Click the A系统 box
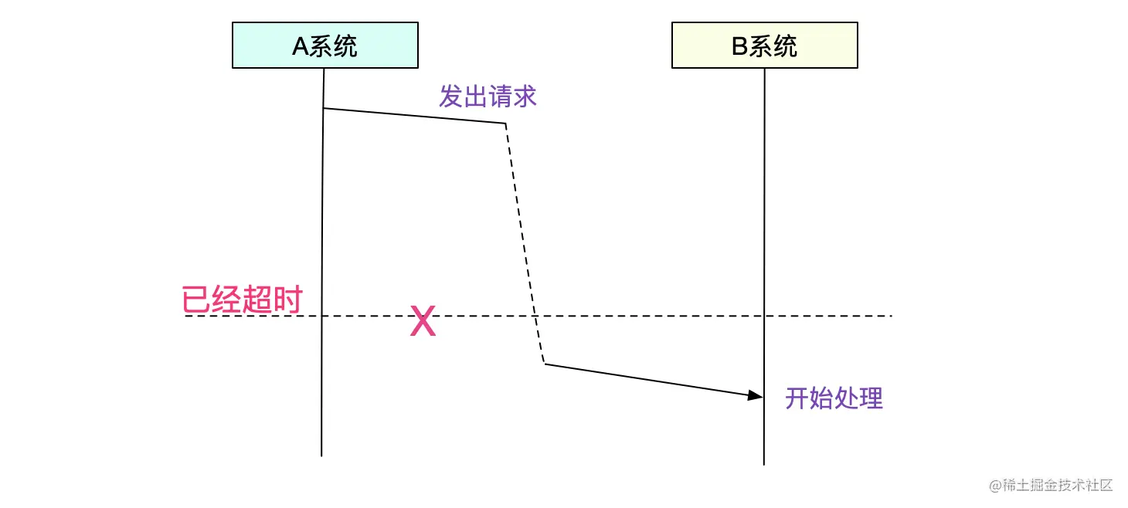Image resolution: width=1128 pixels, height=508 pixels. coord(324,46)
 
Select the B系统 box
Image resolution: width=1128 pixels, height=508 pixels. coord(764,46)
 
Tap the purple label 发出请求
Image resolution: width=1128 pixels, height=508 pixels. coord(488,97)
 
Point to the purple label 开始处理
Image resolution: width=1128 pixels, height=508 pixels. coord(834,398)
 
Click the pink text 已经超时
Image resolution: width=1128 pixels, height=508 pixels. coord(240,300)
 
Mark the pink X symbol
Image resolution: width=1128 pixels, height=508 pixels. coord(423,321)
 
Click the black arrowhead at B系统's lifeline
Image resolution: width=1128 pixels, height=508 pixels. coord(755,395)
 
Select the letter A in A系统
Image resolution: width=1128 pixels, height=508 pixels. coord(300,47)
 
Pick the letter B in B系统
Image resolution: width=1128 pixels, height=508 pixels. coord(739,47)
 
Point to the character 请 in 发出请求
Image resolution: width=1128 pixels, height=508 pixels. coord(500,97)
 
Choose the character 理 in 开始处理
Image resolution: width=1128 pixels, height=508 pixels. coord(871,398)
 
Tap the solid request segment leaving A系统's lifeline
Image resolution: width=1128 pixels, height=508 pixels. coord(414,116)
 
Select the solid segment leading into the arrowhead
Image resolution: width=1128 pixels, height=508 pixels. coord(649,379)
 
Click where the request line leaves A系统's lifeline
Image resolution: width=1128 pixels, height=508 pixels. coord(323,108)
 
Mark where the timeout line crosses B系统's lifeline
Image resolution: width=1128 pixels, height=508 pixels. coord(764,316)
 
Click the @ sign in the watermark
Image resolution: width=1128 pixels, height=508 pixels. coord(995,486)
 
